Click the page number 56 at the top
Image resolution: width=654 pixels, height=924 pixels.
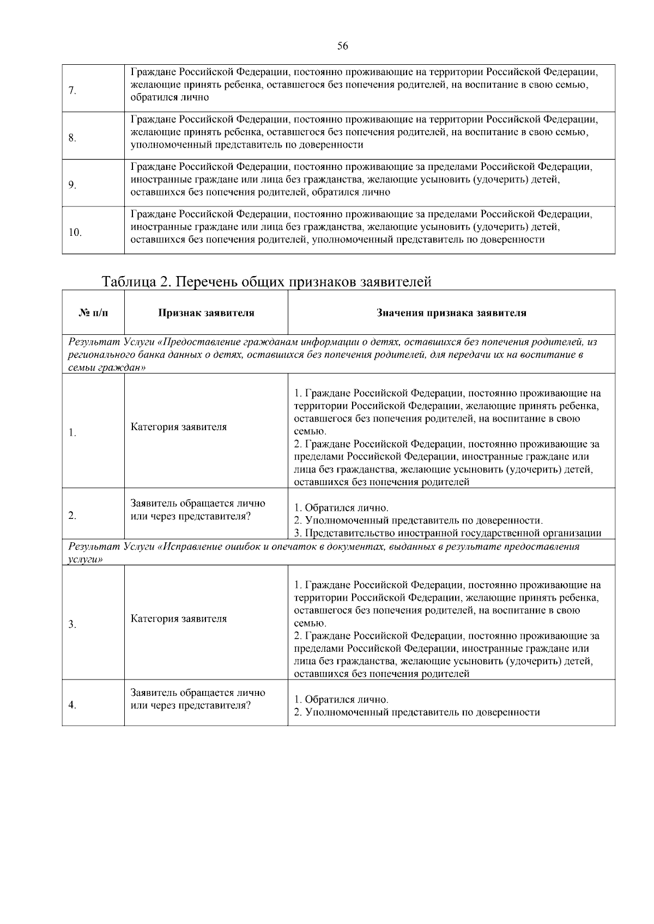click(x=342, y=46)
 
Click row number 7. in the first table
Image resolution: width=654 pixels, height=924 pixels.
click(x=72, y=90)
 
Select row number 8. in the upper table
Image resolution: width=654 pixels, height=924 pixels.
click(x=72, y=138)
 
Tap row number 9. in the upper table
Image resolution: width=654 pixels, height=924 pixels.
click(x=72, y=185)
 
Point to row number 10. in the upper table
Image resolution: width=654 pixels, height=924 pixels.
click(x=75, y=232)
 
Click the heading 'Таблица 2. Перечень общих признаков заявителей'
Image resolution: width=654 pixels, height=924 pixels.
click(x=267, y=282)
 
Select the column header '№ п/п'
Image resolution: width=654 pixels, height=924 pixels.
click(x=93, y=313)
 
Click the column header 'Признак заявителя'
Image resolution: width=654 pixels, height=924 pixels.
click(x=206, y=313)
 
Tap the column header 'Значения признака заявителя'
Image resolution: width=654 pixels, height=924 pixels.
click(x=451, y=313)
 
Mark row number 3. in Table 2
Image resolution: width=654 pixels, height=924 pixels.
click(x=72, y=625)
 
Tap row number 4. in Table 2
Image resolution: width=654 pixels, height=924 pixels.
click(x=72, y=705)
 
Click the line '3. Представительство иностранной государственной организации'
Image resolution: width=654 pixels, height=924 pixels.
click(x=447, y=533)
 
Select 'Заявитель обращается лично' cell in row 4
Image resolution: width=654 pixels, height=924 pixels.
click(x=198, y=693)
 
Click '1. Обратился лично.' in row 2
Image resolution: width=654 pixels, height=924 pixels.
click(x=341, y=508)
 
